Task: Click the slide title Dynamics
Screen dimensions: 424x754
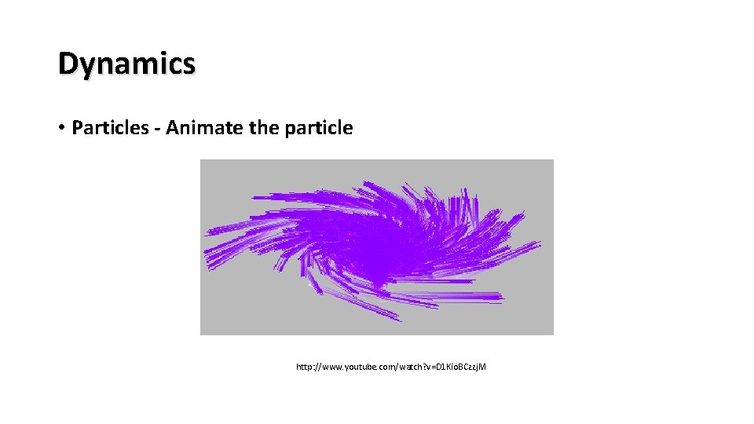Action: point(126,64)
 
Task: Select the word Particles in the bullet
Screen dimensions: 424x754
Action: point(106,127)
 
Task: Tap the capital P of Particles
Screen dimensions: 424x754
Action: point(77,127)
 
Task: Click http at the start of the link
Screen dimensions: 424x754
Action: point(304,367)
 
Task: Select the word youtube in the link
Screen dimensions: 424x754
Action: point(358,367)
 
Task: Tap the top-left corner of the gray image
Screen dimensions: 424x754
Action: point(202,161)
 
